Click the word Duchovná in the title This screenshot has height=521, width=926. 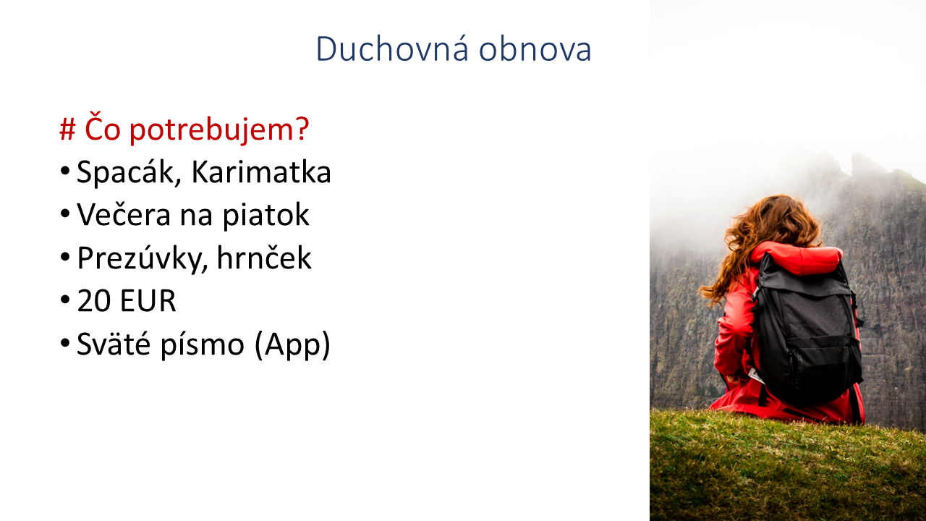392,48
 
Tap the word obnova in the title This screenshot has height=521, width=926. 535,48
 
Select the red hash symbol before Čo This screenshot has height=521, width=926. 67,130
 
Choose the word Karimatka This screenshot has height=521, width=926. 261,172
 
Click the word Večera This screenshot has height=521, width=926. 124,215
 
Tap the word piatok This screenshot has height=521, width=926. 266,216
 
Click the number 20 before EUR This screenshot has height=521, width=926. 93,300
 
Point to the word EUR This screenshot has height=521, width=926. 148,300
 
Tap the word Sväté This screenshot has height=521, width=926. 114,344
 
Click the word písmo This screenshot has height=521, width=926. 202,344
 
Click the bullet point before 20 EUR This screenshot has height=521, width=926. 65,300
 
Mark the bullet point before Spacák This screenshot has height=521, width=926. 65,171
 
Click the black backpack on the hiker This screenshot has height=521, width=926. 806,331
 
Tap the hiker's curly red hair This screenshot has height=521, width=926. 765,240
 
